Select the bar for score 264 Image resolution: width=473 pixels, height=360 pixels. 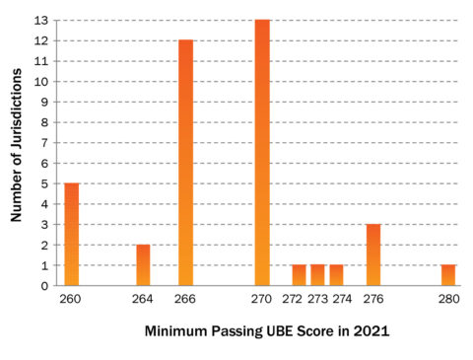click(x=143, y=265)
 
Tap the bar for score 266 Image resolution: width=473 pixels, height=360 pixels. click(x=185, y=163)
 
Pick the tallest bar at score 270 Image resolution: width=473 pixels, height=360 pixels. click(x=261, y=153)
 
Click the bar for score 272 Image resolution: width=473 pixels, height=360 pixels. click(x=299, y=275)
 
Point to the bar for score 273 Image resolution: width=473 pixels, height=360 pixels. click(x=317, y=275)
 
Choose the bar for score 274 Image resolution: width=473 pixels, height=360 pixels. click(x=336, y=275)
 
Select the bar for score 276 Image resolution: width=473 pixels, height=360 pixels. click(x=373, y=255)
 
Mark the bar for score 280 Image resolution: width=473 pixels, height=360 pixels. click(x=448, y=275)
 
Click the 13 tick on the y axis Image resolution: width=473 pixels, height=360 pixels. click(x=42, y=21)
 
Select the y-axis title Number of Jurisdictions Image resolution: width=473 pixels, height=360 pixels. click(x=17, y=152)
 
